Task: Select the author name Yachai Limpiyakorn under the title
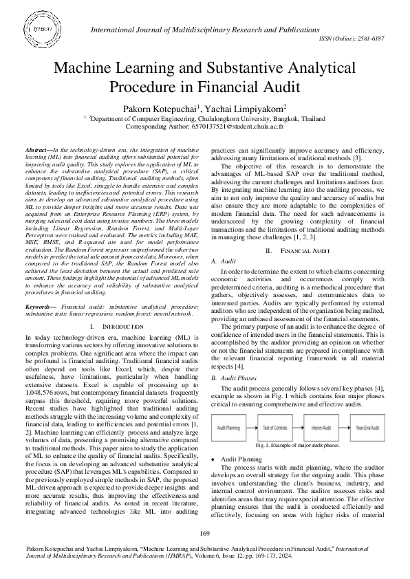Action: [247, 109]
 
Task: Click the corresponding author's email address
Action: [246, 127]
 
